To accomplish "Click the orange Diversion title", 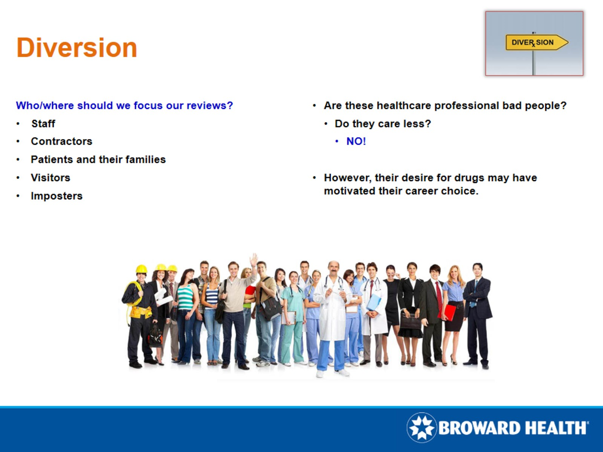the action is point(77,48).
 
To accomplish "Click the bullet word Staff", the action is point(43,123).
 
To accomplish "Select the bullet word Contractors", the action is point(62,141).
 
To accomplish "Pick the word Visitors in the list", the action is point(51,178).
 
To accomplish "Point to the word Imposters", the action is point(57,196).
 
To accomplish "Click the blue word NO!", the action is point(356,141).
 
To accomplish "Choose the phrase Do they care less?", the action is point(383,124).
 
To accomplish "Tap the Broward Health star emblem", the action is point(422,427).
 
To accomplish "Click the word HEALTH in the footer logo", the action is point(556,428).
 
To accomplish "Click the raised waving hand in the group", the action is point(254,259).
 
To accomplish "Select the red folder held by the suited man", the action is point(447,312).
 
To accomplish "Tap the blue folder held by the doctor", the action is point(373,302).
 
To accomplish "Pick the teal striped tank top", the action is point(185,297).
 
